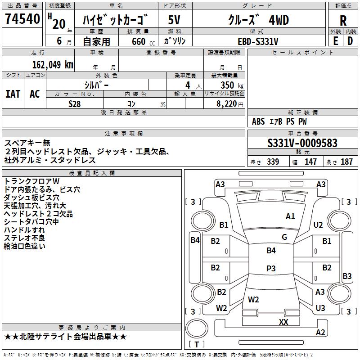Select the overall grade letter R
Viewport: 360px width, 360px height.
point(343,21)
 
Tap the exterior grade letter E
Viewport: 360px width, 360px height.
point(335,40)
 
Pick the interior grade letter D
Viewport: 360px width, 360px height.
point(350,40)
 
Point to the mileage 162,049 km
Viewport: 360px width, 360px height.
point(53,64)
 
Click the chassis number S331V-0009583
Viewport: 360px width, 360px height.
point(302,143)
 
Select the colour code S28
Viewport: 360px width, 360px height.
point(74,103)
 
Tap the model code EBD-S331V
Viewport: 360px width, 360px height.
point(258,41)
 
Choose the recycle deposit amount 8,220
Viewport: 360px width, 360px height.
point(227,103)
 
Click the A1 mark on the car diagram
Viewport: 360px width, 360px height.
point(290,216)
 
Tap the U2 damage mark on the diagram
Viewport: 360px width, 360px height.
point(319,225)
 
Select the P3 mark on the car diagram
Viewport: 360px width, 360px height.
point(271,268)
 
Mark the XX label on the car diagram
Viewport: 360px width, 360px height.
point(283,322)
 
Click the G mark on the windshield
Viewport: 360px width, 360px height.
point(284,237)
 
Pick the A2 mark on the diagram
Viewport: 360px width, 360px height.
point(320,333)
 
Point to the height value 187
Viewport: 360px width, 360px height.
point(346,162)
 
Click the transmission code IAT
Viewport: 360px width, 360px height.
point(13,94)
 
